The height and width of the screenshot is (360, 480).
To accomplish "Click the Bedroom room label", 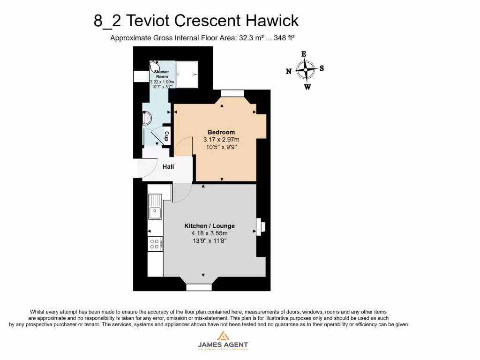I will pyautogui.click(x=221, y=132).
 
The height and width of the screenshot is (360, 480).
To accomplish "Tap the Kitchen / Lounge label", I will pyautogui.click(x=210, y=226).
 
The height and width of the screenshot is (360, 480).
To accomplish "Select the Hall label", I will pyautogui.click(x=168, y=166).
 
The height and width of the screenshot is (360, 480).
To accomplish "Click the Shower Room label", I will pyautogui.click(x=162, y=74).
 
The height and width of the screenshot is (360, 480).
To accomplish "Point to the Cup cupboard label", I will pyautogui.click(x=166, y=136).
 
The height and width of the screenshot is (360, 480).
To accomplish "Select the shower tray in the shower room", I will pyautogui.click(x=187, y=74).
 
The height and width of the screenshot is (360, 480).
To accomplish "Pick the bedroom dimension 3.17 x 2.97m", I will pyautogui.click(x=221, y=140).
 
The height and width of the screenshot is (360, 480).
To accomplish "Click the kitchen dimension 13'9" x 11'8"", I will pyautogui.click(x=210, y=241).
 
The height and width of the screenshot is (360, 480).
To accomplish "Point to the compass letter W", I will pyautogui.click(x=307, y=87).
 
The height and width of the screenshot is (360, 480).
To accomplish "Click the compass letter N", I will pyautogui.click(x=289, y=71).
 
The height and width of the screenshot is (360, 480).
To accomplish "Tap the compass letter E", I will pyautogui.click(x=304, y=54).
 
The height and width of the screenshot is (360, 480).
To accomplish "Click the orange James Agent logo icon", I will pyautogui.click(x=222, y=336).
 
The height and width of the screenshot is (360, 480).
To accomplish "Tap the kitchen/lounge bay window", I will pyautogui.click(x=199, y=286).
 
